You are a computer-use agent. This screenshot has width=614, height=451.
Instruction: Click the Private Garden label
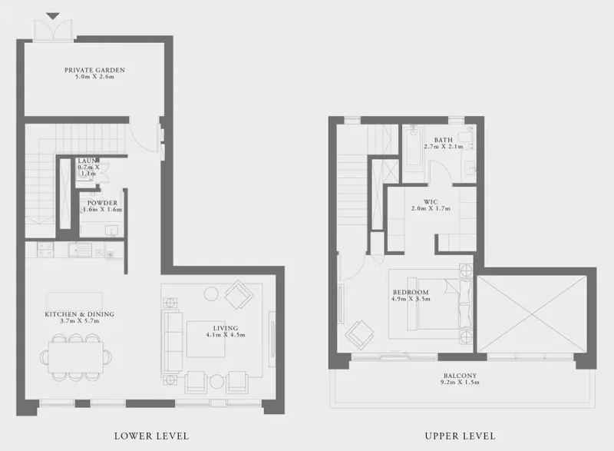(94, 70)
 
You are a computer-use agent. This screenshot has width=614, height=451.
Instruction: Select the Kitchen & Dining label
(79, 313)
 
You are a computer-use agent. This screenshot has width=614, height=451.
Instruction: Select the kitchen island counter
(69, 300)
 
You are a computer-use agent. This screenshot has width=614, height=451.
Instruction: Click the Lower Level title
(150, 436)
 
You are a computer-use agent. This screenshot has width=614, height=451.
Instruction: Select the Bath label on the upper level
(443, 139)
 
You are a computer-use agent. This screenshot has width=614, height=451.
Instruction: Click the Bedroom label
(410, 293)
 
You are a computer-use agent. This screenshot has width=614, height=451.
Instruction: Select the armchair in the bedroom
(358, 334)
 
